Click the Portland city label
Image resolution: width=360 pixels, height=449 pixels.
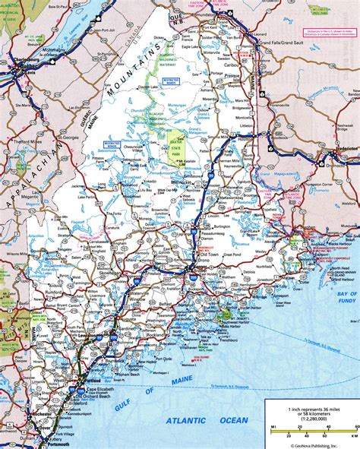pyautogui.click(x=93, y=379)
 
